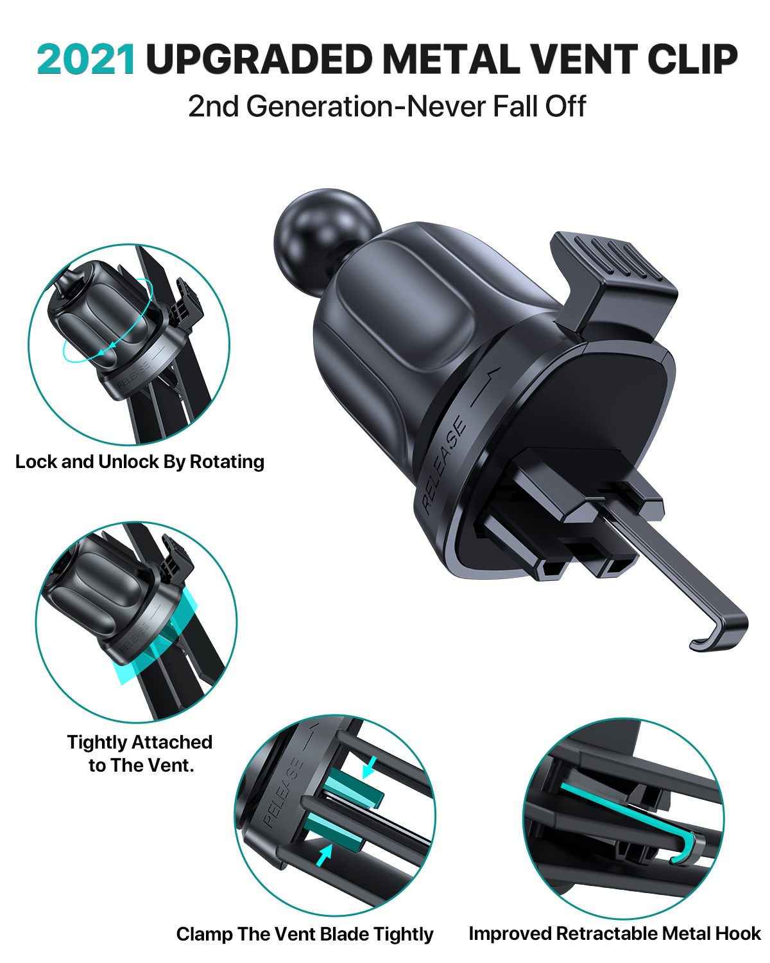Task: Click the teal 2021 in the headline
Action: point(85,59)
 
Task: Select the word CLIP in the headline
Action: point(692,59)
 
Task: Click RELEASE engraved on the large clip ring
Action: point(444,465)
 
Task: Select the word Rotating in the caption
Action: point(227,462)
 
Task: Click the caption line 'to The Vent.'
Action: point(141,765)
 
